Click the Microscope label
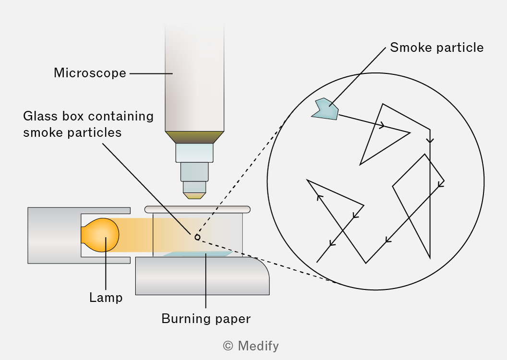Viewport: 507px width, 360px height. click(x=90, y=73)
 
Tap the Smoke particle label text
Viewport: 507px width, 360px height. click(x=437, y=48)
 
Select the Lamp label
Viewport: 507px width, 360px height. click(x=106, y=297)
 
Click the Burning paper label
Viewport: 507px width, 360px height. click(x=206, y=319)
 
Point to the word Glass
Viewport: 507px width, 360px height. click(x=40, y=116)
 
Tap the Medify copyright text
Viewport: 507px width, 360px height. click(x=251, y=346)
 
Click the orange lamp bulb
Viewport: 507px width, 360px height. click(x=100, y=235)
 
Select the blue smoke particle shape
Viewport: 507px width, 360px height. click(x=326, y=109)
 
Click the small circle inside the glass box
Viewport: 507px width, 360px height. click(x=197, y=237)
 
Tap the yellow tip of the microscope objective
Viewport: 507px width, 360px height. click(x=194, y=195)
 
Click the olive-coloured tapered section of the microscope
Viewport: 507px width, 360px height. click(x=194, y=137)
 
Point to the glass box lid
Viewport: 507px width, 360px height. click(x=197, y=209)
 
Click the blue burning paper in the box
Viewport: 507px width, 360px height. click(x=198, y=254)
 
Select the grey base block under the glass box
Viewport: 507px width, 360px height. click(x=202, y=276)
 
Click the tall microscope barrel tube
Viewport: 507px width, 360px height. click(x=194, y=78)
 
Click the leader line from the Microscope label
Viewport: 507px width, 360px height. click(x=151, y=73)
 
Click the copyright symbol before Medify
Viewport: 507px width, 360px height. click(x=228, y=346)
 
